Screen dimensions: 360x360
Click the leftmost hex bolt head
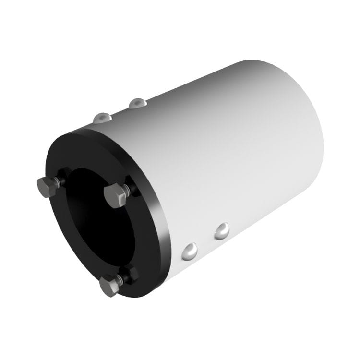(x=47, y=187)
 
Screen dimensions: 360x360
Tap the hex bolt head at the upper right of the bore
(x=115, y=195)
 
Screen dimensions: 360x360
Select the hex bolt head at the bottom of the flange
(x=109, y=286)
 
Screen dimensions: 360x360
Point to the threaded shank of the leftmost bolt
(x=58, y=181)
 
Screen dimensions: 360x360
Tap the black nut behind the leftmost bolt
(x=64, y=177)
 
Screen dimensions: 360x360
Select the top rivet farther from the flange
(x=137, y=103)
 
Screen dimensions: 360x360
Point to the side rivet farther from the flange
(x=222, y=231)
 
